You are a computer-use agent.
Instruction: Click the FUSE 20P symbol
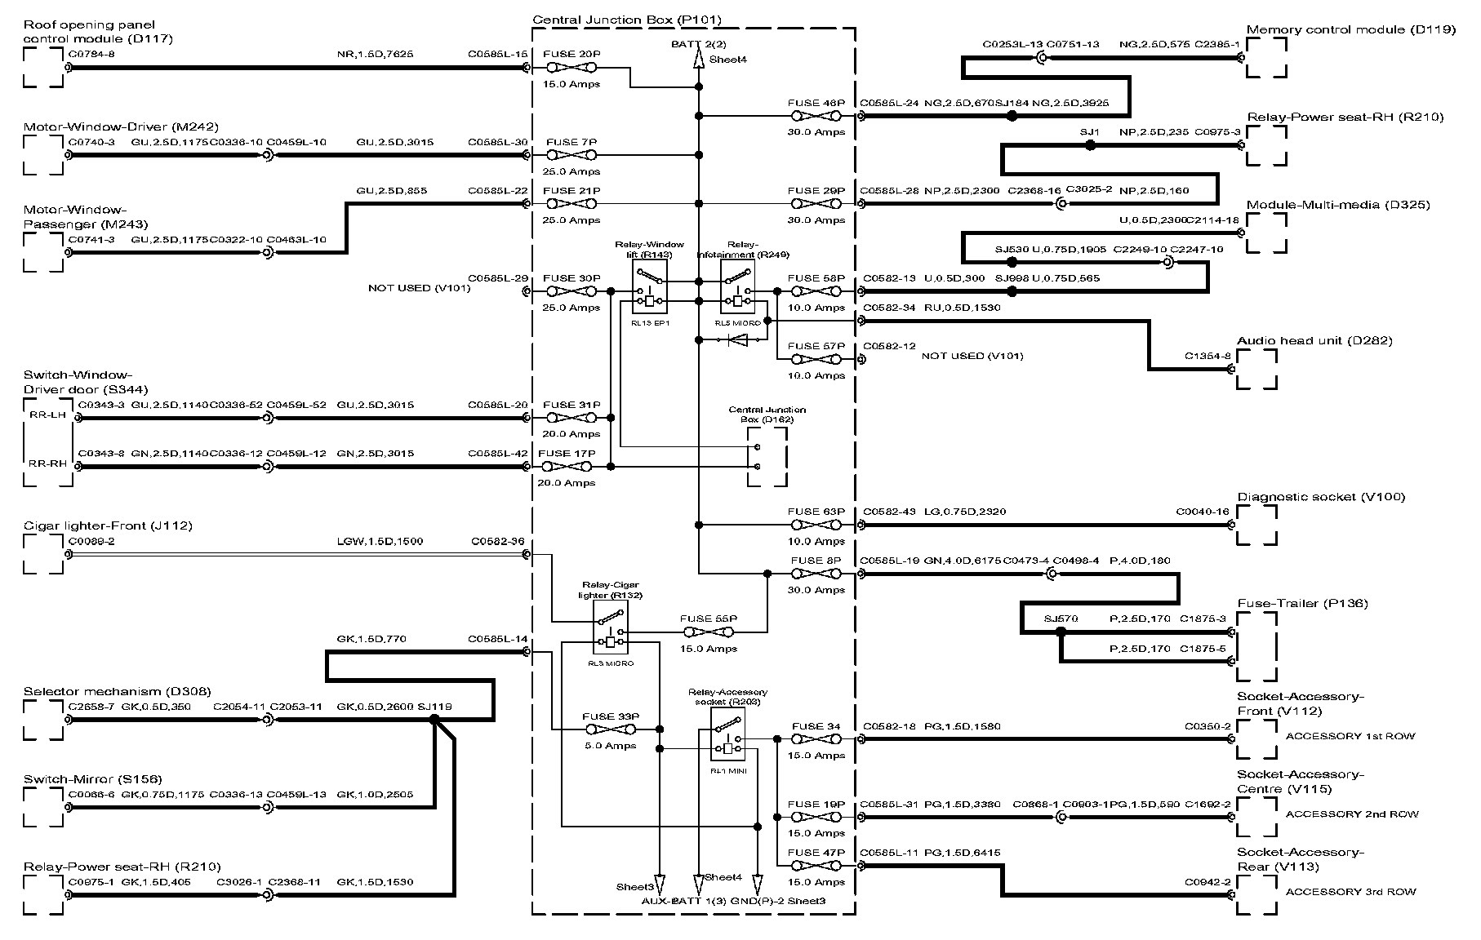(x=571, y=68)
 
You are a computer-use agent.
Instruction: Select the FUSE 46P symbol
(x=816, y=117)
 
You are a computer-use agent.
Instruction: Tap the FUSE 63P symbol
(x=816, y=525)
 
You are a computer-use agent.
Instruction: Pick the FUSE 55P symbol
(x=708, y=632)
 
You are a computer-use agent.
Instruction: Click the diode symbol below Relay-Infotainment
(x=737, y=340)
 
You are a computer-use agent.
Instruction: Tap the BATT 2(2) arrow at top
(x=699, y=59)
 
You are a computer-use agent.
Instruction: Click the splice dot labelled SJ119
(x=434, y=720)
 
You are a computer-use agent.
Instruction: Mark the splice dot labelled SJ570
(x=1061, y=632)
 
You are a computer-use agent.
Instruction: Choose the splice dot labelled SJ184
(x=1012, y=117)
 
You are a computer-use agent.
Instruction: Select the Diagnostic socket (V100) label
(x=1321, y=497)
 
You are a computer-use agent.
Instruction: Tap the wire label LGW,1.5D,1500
(x=369, y=541)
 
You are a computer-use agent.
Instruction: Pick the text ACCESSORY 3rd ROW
(x=1351, y=892)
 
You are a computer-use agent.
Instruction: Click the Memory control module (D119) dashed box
(x=1266, y=58)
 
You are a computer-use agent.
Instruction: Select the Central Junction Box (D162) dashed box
(x=767, y=457)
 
